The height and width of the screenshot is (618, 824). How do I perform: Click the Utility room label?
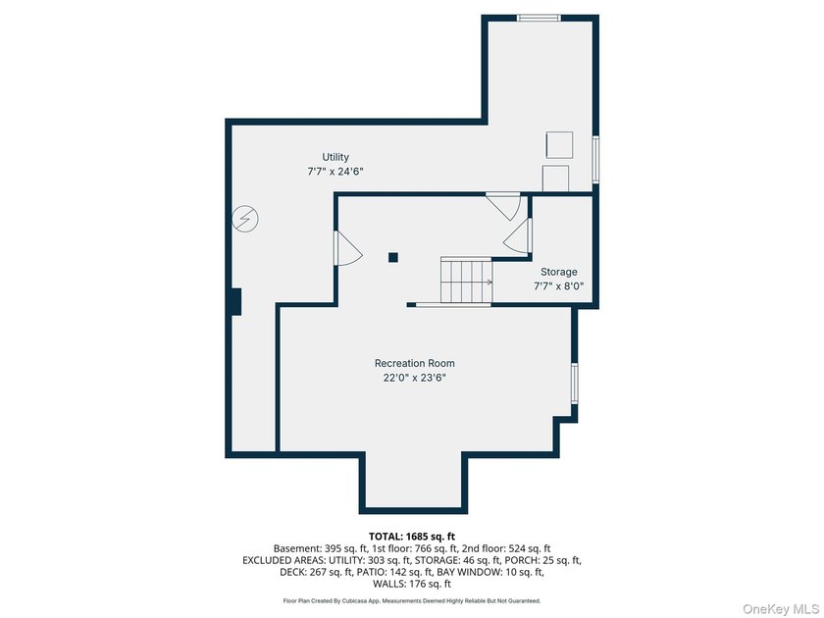click(335, 157)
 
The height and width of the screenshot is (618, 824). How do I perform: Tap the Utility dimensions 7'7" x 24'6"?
click(335, 172)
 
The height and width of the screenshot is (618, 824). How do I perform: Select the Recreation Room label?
click(415, 363)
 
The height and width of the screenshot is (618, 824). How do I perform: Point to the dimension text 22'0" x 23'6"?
click(415, 378)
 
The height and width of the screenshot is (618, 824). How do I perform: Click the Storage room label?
click(558, 272)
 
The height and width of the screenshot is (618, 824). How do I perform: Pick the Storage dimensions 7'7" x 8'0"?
click(558, 286)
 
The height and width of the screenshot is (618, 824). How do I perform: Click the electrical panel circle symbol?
click(245, 218)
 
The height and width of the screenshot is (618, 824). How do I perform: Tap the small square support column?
click(393, 257)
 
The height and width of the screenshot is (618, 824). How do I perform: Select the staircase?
click(466, 281)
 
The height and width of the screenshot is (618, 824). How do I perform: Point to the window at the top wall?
click(539, 18)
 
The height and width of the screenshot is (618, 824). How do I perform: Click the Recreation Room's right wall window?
click(575, 384)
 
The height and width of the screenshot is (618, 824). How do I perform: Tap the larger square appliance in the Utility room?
click(559, 145)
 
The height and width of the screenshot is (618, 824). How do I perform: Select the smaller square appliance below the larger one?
click(555, 179)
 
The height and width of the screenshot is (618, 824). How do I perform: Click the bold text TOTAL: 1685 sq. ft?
click(412, 537)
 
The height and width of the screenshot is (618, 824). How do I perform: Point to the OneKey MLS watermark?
click(781, 609)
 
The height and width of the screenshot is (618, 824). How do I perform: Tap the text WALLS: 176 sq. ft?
click(412, 584)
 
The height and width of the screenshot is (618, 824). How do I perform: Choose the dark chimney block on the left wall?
click(234, 302)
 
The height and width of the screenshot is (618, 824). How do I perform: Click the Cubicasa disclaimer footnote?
click(412, 600)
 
